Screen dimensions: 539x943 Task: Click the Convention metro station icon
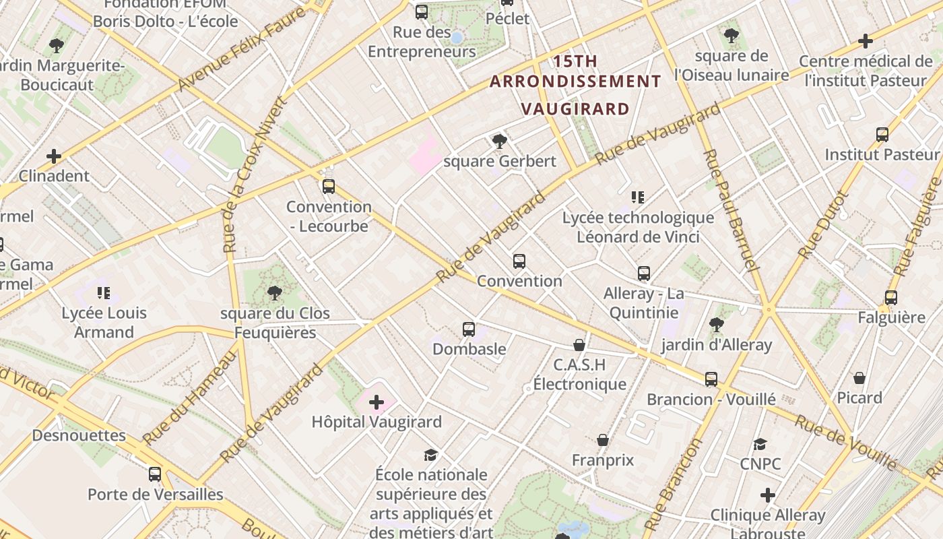pos(519,261)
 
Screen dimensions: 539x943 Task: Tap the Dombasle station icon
pos(469,329)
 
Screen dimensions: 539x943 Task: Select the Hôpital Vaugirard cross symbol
pos(377,402)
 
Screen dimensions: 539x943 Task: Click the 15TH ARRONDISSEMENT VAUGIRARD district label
pos(575,84)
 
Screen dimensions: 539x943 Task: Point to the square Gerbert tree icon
pos(499,141)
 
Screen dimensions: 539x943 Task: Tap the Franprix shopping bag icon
pos(603,440)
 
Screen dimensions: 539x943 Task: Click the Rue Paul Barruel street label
pos(730,210)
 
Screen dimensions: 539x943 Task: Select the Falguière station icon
pos(891,297)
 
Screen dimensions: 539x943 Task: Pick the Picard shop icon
pos(859,377)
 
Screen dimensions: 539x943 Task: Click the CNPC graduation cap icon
pos(760,444)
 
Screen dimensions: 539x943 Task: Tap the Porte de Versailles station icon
pos(155,474)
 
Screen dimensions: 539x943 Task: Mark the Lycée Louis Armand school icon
pos(103,292)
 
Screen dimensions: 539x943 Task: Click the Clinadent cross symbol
pos(54,156)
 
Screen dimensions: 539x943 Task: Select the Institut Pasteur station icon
pos(882,134)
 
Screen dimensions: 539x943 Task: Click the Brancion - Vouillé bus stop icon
pos(711,379)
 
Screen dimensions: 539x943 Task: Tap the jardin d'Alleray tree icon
pos(716,325)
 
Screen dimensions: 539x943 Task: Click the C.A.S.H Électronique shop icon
pos(579,345)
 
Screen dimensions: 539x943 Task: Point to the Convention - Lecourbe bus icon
pos(329,187)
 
